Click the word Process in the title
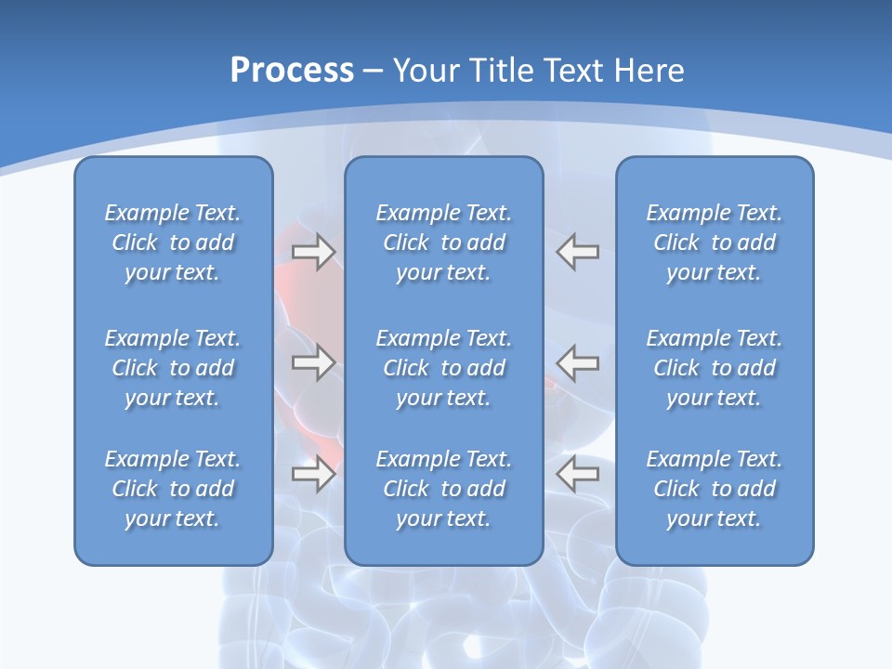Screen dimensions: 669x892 pos(292,71)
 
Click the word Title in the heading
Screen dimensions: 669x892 pos(499,71)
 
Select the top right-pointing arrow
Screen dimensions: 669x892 pos(314,252)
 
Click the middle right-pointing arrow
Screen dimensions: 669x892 pos(314,362)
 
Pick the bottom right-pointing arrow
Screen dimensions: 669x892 pos(314,474)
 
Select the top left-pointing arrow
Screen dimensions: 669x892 pos(578,252)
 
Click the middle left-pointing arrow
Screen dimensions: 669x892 pos(578,362)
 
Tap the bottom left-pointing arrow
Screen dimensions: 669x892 pos(578,474)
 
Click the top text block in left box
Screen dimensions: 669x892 pos(173,243)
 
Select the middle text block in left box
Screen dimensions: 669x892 pos(173,368)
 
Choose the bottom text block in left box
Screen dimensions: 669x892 pos(173,489)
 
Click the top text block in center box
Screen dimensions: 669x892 pos(444,243)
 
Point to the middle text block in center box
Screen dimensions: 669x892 pos(444,368)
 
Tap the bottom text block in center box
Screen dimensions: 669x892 pos(444,489)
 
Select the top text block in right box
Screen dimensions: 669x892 pos(715,243)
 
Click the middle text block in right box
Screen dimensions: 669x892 pos(715,368)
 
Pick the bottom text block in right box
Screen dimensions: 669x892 pos(715,489)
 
